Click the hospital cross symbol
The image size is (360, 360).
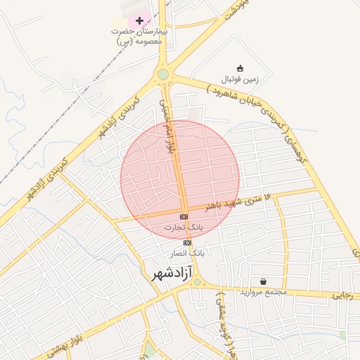coord(139,20)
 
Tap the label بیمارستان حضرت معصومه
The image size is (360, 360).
coord(139,36)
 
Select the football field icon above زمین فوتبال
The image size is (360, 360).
coord(240,68)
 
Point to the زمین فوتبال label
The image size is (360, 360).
coord(241,79)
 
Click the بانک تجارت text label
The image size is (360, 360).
coord(184,227)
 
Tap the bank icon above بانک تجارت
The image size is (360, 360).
coord(184,217)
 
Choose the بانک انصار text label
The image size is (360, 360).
coord(187,252)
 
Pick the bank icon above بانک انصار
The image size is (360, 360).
coord(187,243)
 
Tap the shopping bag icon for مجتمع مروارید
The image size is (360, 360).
coord(263,281)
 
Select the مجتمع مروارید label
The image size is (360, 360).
coord(262,292)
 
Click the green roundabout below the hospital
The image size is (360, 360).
coord(163,74)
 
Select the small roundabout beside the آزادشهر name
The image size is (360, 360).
coord(198,282)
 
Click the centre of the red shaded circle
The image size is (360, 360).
coord(180,179)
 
